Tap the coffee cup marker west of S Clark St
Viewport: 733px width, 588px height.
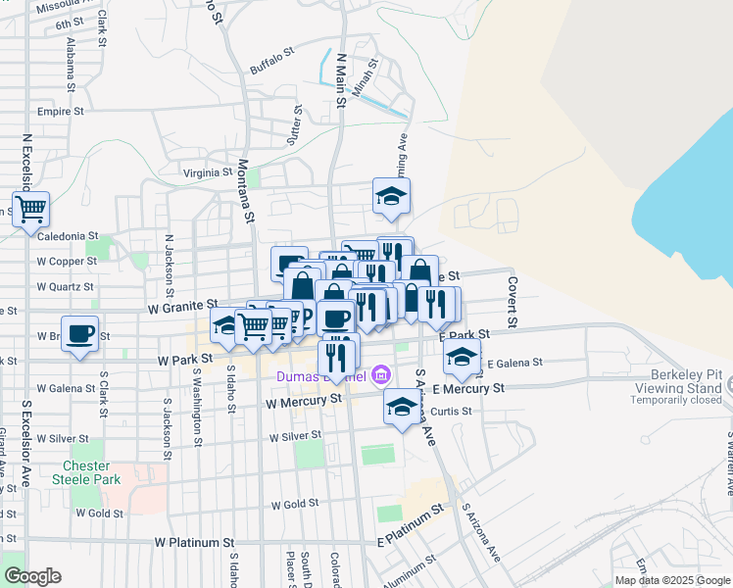[80, 333]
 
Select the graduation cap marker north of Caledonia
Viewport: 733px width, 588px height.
[391, 196]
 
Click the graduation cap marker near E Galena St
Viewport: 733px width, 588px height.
[462, 358]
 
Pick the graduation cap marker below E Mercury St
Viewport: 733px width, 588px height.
[401, 407]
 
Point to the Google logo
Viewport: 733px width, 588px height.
[32, 576]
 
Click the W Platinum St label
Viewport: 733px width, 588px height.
[195, 542]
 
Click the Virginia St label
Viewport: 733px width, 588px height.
[207, 173]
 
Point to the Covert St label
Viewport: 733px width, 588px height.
[512, 301]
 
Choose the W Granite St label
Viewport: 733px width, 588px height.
[181, 308]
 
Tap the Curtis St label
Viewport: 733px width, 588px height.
[452, 411]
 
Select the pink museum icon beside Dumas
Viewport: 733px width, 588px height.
[381, 374]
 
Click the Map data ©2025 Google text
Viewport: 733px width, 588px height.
[671, 580]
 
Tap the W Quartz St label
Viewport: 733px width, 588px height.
[65, 287]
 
